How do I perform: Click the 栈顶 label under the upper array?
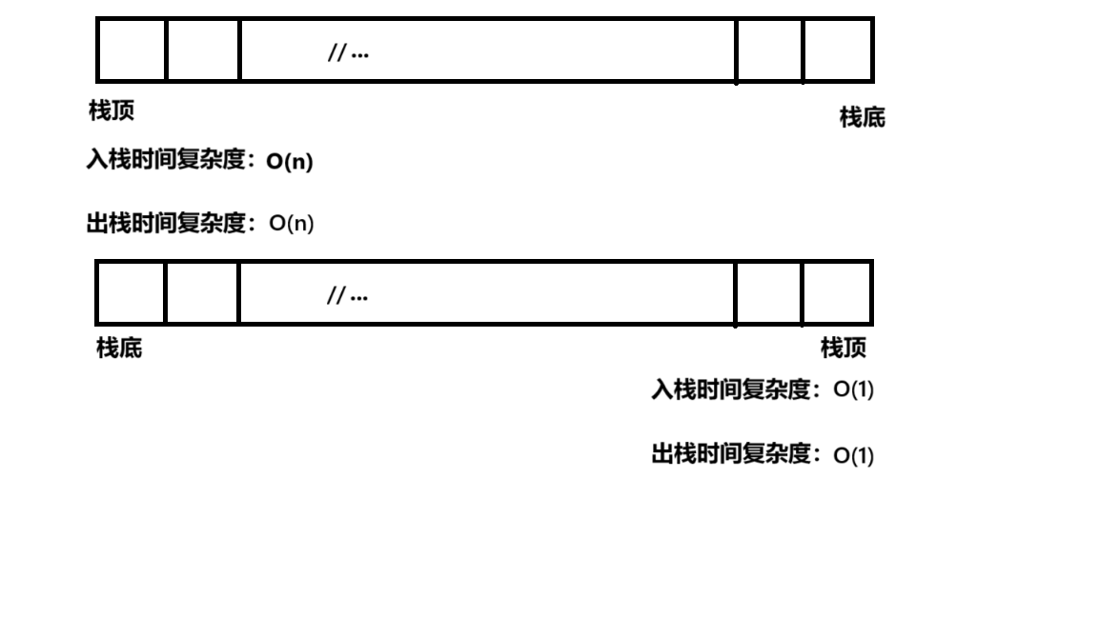click(112, 111)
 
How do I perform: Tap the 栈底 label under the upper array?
click(862, 118)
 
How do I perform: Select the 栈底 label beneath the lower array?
click(119, 349)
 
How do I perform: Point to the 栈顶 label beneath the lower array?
click(844, 348)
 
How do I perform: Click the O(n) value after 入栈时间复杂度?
click(290, 163)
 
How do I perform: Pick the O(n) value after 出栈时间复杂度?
click(292, 224)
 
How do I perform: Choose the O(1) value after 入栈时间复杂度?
click(853, 390)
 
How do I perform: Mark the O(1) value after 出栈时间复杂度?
click(853, 456)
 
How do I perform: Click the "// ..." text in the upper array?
click(348, 53)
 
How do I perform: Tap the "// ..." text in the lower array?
click(348, 296)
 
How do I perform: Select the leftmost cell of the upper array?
click(132, 50)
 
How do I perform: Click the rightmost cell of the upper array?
click(837, 50)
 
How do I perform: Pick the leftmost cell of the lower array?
click(132, 293)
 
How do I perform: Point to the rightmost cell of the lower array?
click(836, 293)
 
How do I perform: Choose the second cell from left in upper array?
click(203, 50)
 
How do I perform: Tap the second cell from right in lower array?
click(768, 293)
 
